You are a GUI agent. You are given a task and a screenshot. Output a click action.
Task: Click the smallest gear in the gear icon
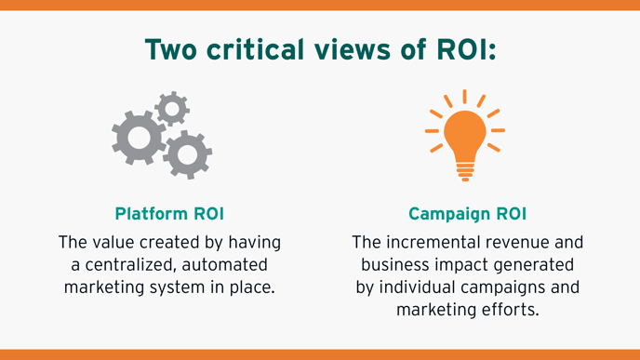[170, 108]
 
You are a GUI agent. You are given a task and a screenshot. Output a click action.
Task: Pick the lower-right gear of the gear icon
[187, 153]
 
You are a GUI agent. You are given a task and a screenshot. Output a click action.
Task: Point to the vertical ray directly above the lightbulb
[465, 96]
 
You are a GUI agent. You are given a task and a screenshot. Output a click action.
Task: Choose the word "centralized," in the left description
[143, 264]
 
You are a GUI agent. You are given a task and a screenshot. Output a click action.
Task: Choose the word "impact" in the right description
[451, 264]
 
